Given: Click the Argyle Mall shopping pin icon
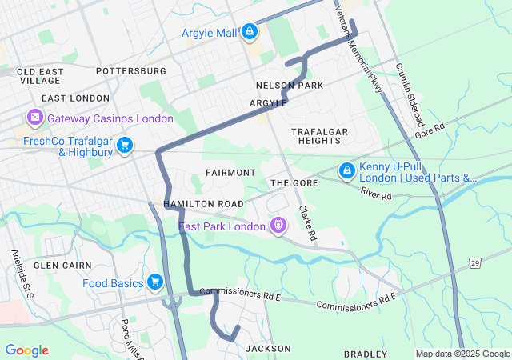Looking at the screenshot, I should [x=250, y=32].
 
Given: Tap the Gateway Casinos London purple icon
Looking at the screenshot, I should [x=35, y=118].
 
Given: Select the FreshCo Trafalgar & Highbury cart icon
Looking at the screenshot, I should [x=124, y=145].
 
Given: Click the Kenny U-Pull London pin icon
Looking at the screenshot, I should [x=346, y=170].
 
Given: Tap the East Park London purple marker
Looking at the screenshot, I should [x=278, y=226].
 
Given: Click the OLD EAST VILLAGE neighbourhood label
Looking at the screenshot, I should [x=39, y=76].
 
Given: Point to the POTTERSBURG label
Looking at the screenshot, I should [x=130, y=71].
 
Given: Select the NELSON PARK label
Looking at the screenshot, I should [x=289, y=85].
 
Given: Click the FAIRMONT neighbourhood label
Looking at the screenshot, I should [x=230, y=173].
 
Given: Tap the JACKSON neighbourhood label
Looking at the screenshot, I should [x=267, y=349].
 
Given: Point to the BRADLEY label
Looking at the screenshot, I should [x=365, y=354].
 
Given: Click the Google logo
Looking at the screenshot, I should [x=26, y=350].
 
